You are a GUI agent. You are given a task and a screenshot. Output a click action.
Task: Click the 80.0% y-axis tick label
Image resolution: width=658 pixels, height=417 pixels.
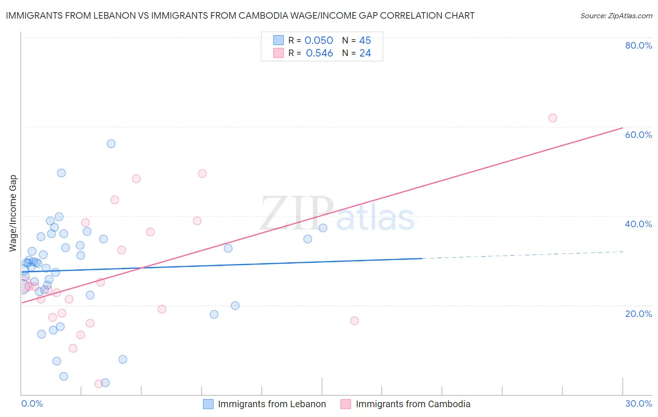[x=638, y=45]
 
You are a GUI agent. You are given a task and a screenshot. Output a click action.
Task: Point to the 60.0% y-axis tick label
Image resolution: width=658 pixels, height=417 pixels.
[x=638, y=135]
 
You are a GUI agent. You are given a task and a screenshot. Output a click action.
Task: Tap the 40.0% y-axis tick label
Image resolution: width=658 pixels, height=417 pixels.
[x=638, y=224]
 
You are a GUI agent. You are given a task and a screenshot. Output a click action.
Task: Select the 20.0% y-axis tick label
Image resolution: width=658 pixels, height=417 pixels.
[x=638, y=313]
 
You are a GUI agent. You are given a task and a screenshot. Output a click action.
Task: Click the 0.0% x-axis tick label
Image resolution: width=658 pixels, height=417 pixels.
[x=32, y=403]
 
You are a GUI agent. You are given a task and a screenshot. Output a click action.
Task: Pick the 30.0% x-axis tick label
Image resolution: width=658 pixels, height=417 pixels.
[x=638, y=403]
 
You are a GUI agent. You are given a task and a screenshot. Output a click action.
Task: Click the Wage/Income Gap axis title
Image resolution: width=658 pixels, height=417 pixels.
[x=13, y=213]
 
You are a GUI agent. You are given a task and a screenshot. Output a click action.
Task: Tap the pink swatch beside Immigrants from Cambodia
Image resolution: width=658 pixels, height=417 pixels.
[x=345, y=404]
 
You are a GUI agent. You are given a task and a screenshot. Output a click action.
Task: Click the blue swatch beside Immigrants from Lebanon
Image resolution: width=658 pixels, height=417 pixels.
[x=208, y=404]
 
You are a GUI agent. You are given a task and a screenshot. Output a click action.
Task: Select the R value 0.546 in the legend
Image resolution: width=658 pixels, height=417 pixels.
[x=319, y=53]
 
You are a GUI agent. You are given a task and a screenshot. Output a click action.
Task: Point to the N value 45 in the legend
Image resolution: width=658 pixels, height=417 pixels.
[x=365, y=41]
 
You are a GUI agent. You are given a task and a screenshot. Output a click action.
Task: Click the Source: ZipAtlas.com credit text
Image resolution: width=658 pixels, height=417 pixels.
[x=616, y=16]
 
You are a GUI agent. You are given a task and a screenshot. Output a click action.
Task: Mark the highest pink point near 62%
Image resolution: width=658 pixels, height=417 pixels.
[x=553, y=118]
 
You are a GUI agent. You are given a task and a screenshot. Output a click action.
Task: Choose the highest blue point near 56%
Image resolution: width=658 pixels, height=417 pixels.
[x=111, y=144]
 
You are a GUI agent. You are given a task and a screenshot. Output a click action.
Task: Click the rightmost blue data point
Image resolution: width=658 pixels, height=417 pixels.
[x=323, y=228]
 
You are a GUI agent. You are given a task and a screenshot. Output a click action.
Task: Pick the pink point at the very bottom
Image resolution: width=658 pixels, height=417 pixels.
[x=99, y=384]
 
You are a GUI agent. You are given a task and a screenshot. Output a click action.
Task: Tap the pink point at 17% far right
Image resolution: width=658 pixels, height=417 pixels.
[x=354, y=321]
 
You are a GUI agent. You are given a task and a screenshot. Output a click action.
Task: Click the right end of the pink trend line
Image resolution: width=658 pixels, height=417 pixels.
[x=622, y=128]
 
